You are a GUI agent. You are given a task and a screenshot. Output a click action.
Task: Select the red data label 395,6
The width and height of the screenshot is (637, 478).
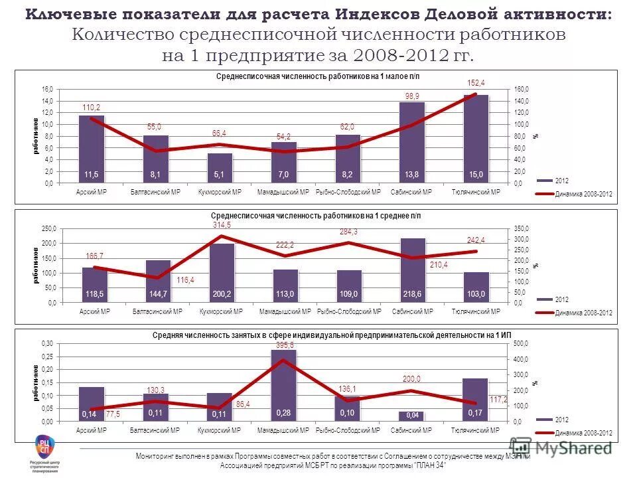click(284, 345)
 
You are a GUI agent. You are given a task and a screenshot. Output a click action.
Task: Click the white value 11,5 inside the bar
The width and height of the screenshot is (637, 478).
click(92, 174)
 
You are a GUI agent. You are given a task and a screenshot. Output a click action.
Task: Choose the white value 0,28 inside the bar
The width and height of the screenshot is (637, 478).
click(283, 413)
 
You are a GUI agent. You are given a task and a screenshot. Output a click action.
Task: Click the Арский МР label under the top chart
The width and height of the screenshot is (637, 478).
click(92, 192)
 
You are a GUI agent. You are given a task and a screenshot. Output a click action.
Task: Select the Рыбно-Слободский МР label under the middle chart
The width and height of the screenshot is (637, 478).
click(348, 311)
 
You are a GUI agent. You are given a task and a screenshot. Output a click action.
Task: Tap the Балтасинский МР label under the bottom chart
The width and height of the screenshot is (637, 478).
click(157, 431)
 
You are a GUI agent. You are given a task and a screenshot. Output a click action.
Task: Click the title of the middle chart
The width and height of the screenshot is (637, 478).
click(316, 216)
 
